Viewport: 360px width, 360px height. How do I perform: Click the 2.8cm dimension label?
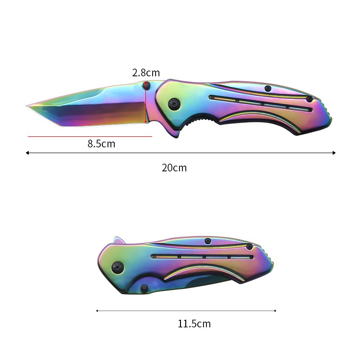(146, 73)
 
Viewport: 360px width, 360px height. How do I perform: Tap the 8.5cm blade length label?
(101, 144)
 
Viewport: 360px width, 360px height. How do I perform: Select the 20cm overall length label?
(174, 168)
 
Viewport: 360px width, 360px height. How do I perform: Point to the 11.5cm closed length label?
(194, 324)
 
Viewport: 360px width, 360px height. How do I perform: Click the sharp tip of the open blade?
(26, 106)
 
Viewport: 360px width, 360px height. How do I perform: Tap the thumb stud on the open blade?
(146, 85)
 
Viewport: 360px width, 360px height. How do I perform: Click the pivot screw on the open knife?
(174, 104)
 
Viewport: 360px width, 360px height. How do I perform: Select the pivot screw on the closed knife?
(118, 268)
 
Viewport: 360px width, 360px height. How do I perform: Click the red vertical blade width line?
(145, 103)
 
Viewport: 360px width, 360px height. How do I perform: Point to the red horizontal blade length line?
(90, 136)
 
